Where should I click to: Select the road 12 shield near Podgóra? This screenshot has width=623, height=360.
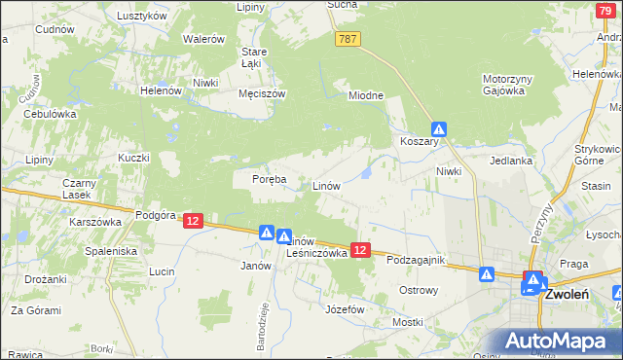coord(192,222)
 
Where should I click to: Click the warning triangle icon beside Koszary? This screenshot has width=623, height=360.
coord(440,127)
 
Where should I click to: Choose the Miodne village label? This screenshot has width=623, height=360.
coord(367,95)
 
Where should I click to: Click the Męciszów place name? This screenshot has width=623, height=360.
coord(261,94)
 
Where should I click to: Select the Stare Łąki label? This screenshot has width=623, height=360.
coord(254,56)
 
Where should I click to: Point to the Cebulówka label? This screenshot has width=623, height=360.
coord(50,113)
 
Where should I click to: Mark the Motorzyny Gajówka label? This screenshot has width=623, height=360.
coord(503,84)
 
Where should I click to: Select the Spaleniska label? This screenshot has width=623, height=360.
coord(112,250)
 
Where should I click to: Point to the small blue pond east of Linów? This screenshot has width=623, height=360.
coord(367,173)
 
